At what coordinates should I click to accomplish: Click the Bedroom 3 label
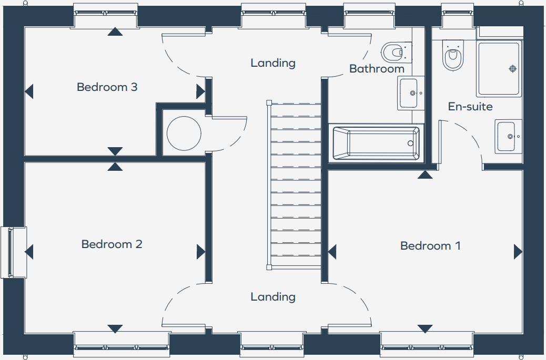click(x=107, y=87)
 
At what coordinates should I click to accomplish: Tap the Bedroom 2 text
click(x=112, y=244)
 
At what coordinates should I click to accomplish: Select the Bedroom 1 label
click(x=430, y=245)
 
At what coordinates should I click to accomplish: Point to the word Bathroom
click(x=377, y=69)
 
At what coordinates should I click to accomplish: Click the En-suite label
click(x=470, y=107)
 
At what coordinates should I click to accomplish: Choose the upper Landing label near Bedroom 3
click(x=273, y=63)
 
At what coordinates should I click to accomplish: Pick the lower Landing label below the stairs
click(x=273, y=297)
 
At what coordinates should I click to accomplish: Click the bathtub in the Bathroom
click(x=376, y=143)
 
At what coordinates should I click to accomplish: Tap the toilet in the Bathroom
click(x=392, y=52)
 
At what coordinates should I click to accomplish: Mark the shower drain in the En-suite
click(x=512, y=69)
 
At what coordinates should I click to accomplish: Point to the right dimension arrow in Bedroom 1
click(x=518, y=252)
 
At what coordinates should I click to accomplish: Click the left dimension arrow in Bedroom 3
click(x=29, y=91)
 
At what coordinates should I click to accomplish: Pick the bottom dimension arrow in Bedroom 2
click(x=115, y=329)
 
